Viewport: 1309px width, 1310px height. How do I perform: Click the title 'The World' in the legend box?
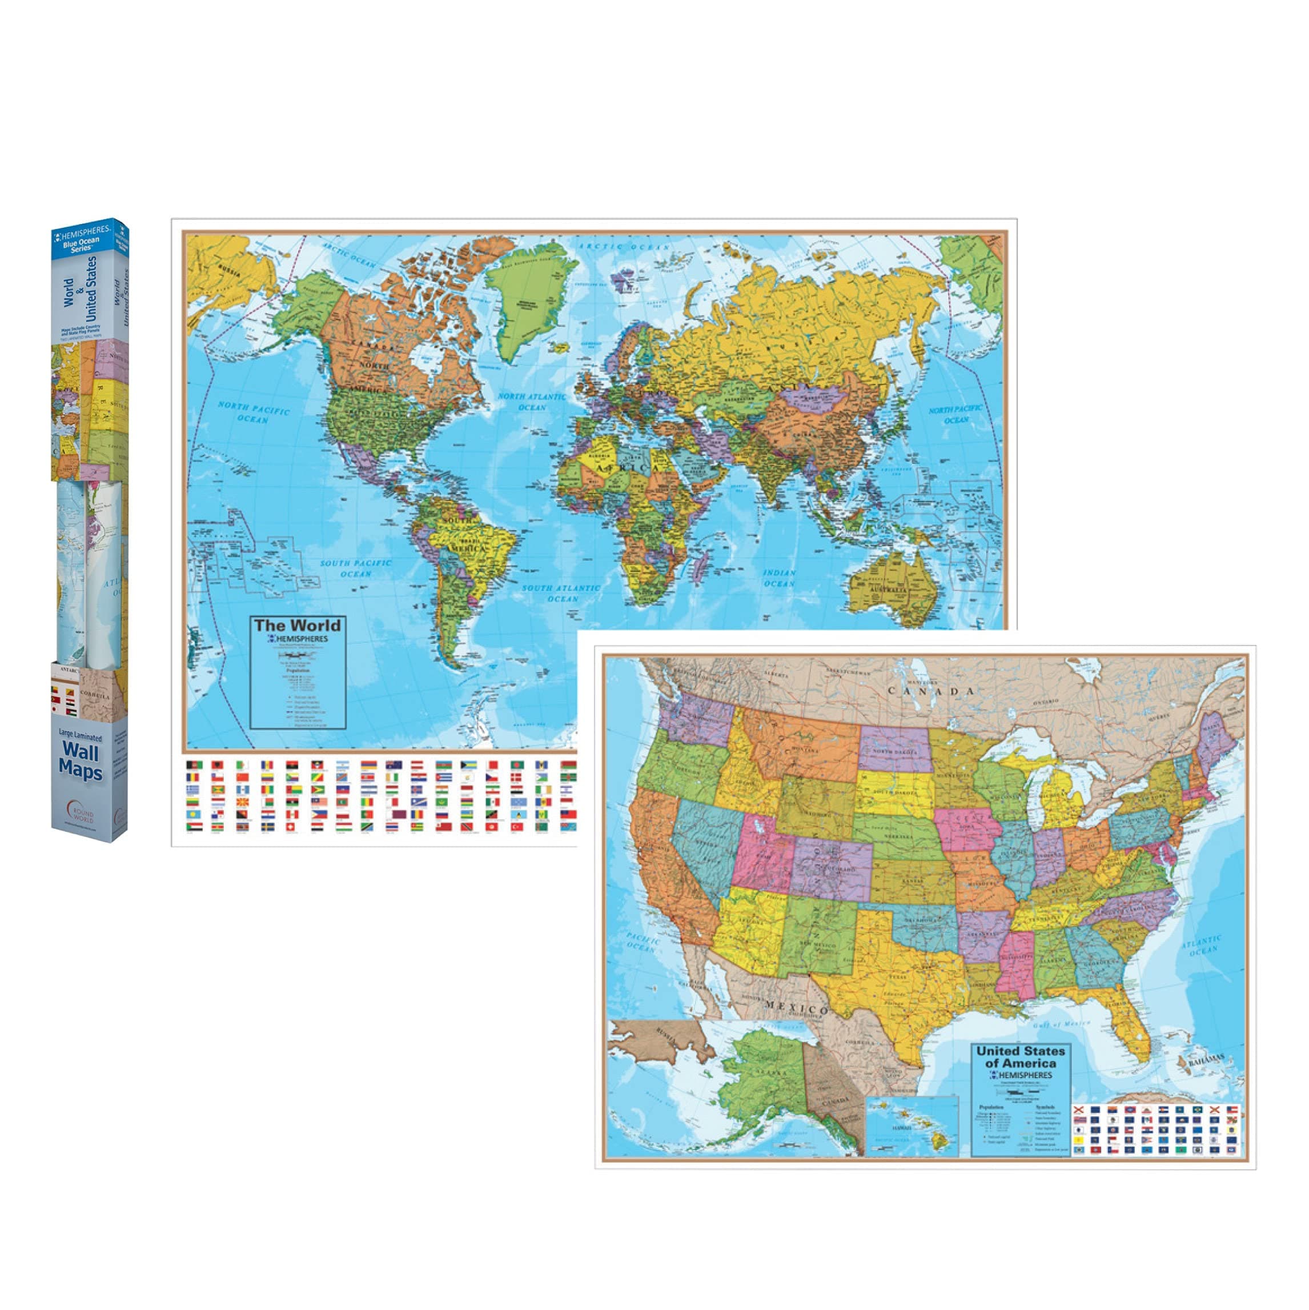tap(298, 624)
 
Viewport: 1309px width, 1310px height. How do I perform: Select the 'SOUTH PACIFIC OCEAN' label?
tap(356, 568)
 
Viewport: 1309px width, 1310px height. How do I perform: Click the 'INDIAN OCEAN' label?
tap(780, 578)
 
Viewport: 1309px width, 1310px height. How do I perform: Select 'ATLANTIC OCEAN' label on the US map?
tap(1203, 947)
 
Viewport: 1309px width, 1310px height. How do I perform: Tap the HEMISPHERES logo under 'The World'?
tap(298, 639)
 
